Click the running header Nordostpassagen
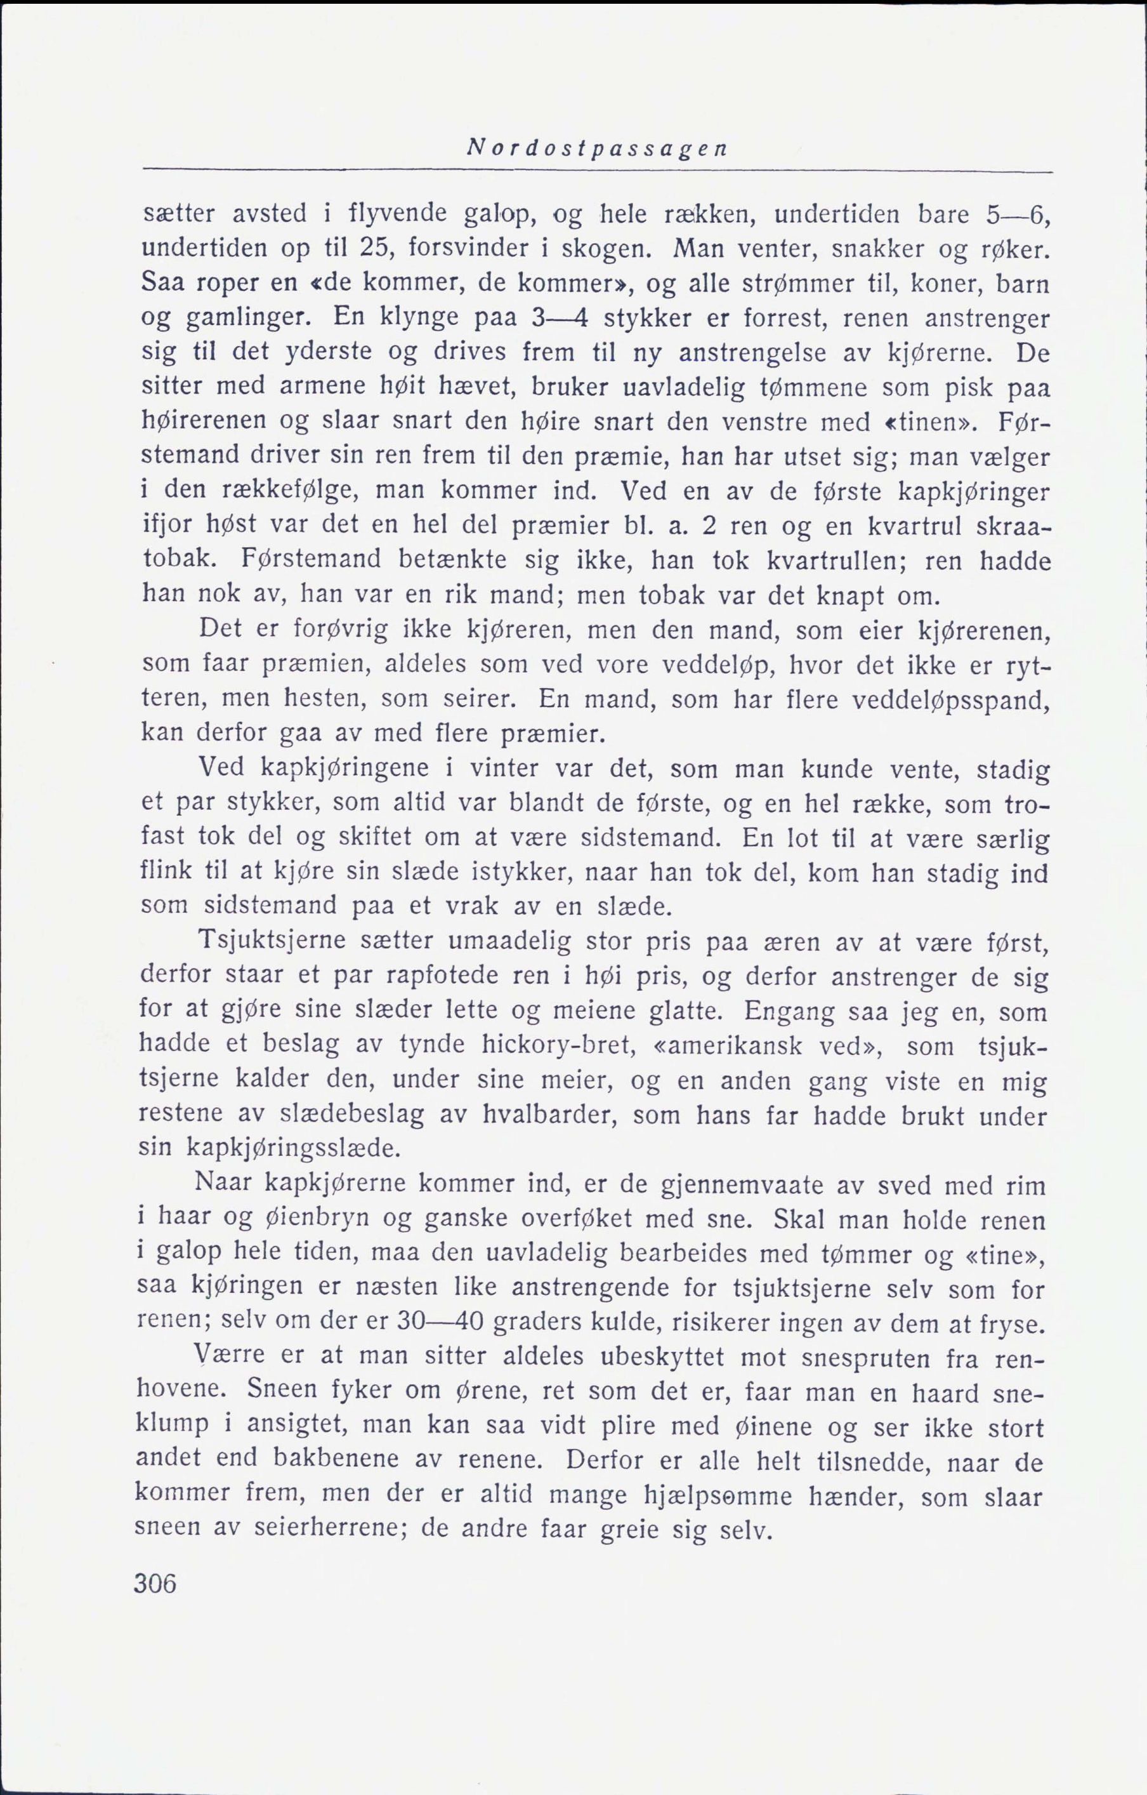[596, 149]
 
